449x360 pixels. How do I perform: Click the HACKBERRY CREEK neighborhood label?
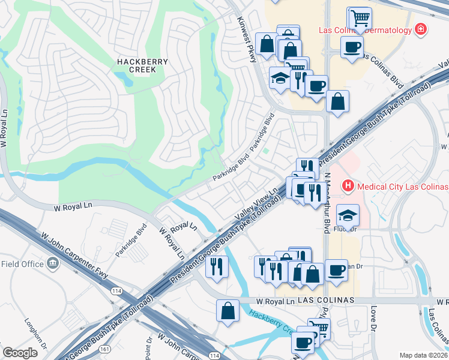pyautogui.click(x=136, y=65)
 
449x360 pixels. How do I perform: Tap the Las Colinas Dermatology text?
pyautogui.click(x=364, y=30)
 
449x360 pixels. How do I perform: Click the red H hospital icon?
pyautogui.click(x=346, y=186)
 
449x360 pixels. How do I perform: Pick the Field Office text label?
pyautogui.click(x=22, y=264)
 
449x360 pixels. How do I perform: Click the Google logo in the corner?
pyautogui.click(x=20, y=353)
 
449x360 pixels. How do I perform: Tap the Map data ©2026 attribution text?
pyautogui.click(x=423, y=355)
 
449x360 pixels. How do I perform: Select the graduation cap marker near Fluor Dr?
pyautogui.click(x=348, y=214)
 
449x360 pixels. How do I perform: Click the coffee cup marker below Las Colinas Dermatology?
pyautogui.click(x=352, y=46)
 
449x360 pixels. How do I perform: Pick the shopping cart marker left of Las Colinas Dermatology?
pyautogui.click(x=360, y=18)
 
